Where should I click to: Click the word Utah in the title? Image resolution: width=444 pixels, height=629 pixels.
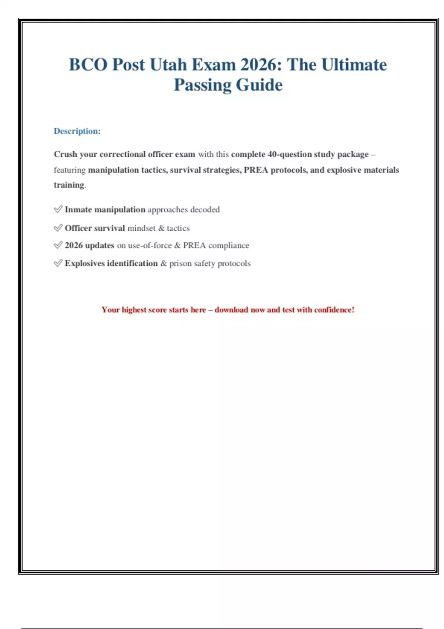point(168,65)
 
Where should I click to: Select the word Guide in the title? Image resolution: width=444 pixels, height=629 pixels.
point(259,85)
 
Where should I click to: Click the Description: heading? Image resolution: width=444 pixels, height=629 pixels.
point(77,131)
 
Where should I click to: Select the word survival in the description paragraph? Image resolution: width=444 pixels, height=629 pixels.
point(185,170)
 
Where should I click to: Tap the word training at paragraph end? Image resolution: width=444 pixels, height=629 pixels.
point(69,185)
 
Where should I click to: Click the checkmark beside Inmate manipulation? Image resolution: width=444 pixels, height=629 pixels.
point(58,209)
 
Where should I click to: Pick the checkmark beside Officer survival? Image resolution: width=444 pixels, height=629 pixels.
point(58,228)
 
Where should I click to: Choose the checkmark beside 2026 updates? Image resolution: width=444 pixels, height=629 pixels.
point(58,245)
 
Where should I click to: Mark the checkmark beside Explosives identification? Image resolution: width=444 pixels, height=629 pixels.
point(58,263)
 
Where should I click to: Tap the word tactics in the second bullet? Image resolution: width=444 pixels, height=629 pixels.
point(178,228)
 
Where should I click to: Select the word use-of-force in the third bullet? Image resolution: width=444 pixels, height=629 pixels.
point(150,245)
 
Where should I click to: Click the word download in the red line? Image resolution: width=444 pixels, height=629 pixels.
point(231,310)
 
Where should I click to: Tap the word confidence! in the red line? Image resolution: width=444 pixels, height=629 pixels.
point(334,310)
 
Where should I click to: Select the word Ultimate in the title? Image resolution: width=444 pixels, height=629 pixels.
point(354,65)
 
